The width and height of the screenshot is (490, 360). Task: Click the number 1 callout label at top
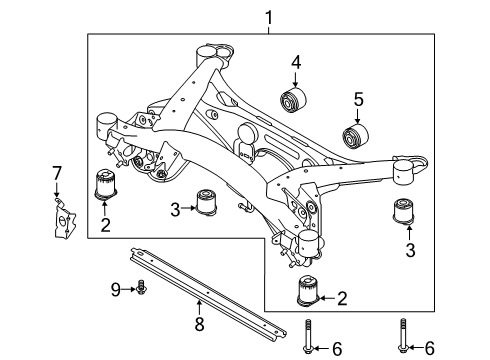point(266,17)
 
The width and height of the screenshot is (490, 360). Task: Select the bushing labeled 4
point(295,101)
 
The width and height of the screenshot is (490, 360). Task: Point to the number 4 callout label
point(295,64)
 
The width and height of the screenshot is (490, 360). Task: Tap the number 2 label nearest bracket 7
point(105,226)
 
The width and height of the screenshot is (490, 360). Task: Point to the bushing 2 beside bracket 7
point(105,185)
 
